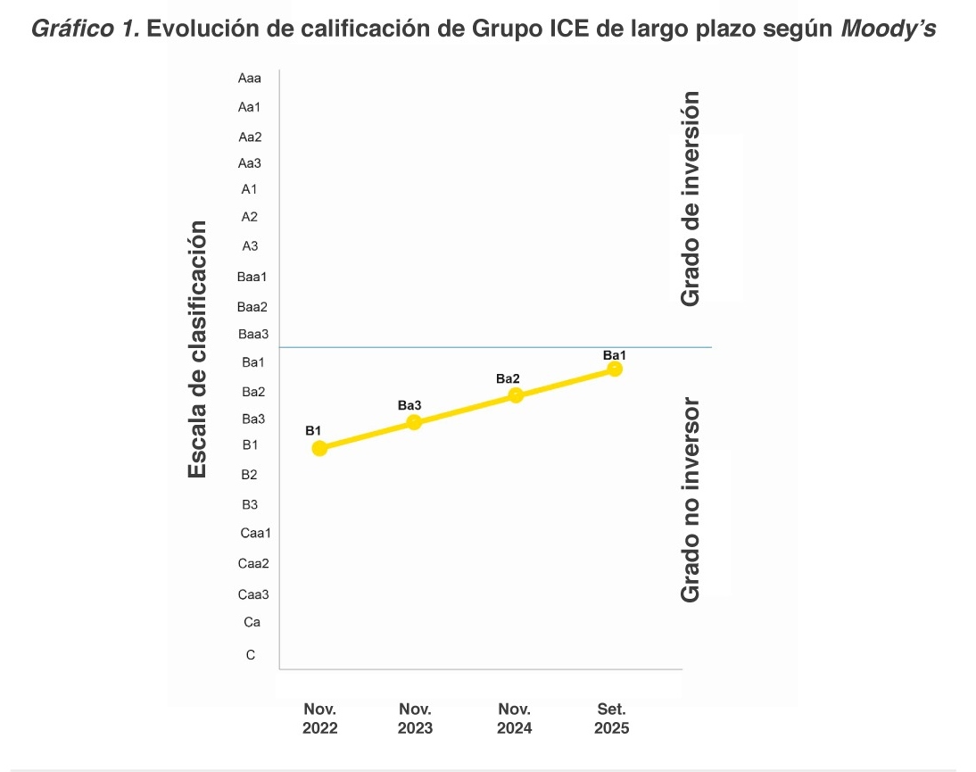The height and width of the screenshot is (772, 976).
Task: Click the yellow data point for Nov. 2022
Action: [x=319, y=448]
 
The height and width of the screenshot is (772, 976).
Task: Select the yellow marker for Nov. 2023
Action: [x=414, y=422]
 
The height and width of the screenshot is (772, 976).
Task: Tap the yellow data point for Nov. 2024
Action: [x=516, y=395]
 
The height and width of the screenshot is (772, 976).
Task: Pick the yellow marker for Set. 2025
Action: [x=615, y=369]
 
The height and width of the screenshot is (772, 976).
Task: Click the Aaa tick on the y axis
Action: [x=249, y=79]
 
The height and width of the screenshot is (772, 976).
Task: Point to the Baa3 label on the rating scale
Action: [x=252, y=335]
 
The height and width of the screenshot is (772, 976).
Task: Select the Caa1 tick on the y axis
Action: [x=255, y=534]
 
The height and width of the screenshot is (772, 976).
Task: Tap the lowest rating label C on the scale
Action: [x=251, y=655]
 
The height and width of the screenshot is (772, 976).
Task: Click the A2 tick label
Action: [x=250, y=216]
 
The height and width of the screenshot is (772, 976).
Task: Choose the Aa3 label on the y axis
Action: [x=250, y=163]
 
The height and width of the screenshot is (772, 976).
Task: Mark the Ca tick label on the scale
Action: [x=252, y=622]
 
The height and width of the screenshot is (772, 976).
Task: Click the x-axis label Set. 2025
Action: [x=612, y=718]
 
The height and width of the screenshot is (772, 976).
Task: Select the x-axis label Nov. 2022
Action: [x=320, y=718]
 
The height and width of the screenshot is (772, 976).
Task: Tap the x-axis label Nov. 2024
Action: [x=515, y=718]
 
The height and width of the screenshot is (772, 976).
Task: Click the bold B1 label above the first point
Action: [x=313, y=431]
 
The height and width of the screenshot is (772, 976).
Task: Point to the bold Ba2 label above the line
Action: [x=508, y=379]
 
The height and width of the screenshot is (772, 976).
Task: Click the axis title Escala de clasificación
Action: [x=198, y=349]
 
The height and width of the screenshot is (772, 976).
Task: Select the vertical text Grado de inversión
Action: [x=690, y=198]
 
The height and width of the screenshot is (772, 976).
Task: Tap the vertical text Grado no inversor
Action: [x=690, y=499]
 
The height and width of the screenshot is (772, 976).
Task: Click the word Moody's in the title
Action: [x=889, y=28]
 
